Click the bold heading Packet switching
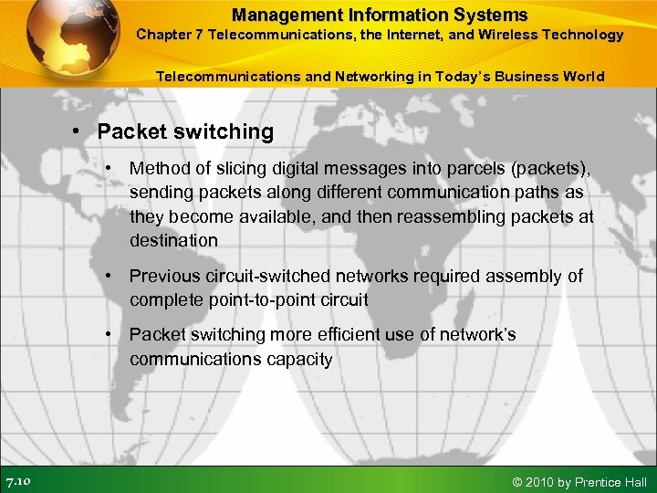click(x=185, y=131)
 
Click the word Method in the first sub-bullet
click(x=158, y=169)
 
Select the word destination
click(x=173, y=240)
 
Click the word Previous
click(x=163, y=276)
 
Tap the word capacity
click(x=297, y=359)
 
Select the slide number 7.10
click(x=18, y=481)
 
